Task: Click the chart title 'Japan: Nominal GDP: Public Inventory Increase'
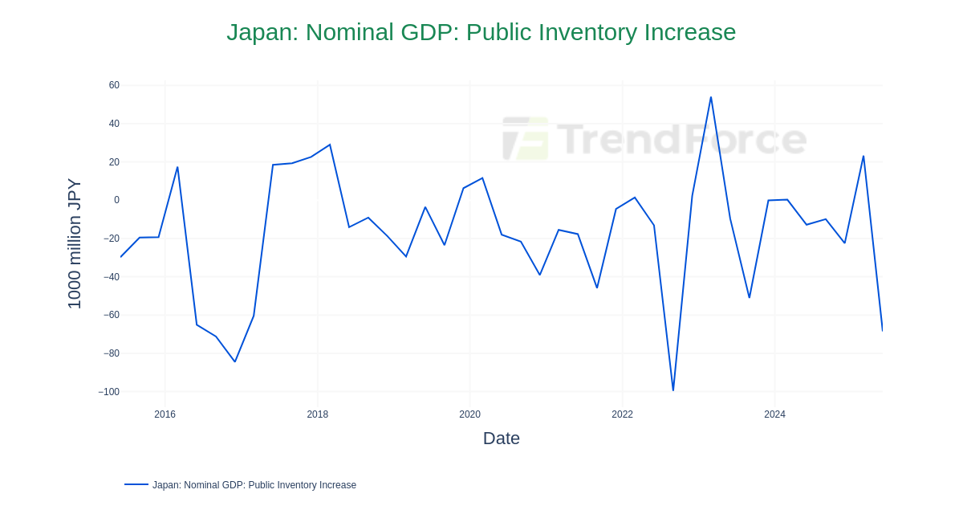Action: [x=481, y=32]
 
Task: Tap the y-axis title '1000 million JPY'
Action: [x=74, y=243]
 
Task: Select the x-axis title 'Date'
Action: [x=501, y=439]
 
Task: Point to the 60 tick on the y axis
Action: [x=114, y=85]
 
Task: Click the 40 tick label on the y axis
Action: [x=114, y=124]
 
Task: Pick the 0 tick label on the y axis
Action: [x=116, y=200]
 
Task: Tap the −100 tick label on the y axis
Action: [x=108, y=392]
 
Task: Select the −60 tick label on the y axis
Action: [x=111, y=315]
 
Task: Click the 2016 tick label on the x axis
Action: [x=165, y=414]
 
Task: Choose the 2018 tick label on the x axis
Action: [x=317, y=414]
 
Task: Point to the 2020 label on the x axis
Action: [x=469, y=414]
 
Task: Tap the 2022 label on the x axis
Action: [x=622, y=414]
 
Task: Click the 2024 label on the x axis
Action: [x=774, y=414]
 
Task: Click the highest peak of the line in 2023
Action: [x=711, y=97]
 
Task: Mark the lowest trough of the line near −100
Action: [x=673, y=390]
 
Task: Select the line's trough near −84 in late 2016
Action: [x=235, y=361]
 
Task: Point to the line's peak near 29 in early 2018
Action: [x=330, y=145]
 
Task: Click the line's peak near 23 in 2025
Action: [x=863, y=157]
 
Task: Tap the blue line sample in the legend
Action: [x=136, y=484]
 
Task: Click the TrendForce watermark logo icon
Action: [x=526, y=138]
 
